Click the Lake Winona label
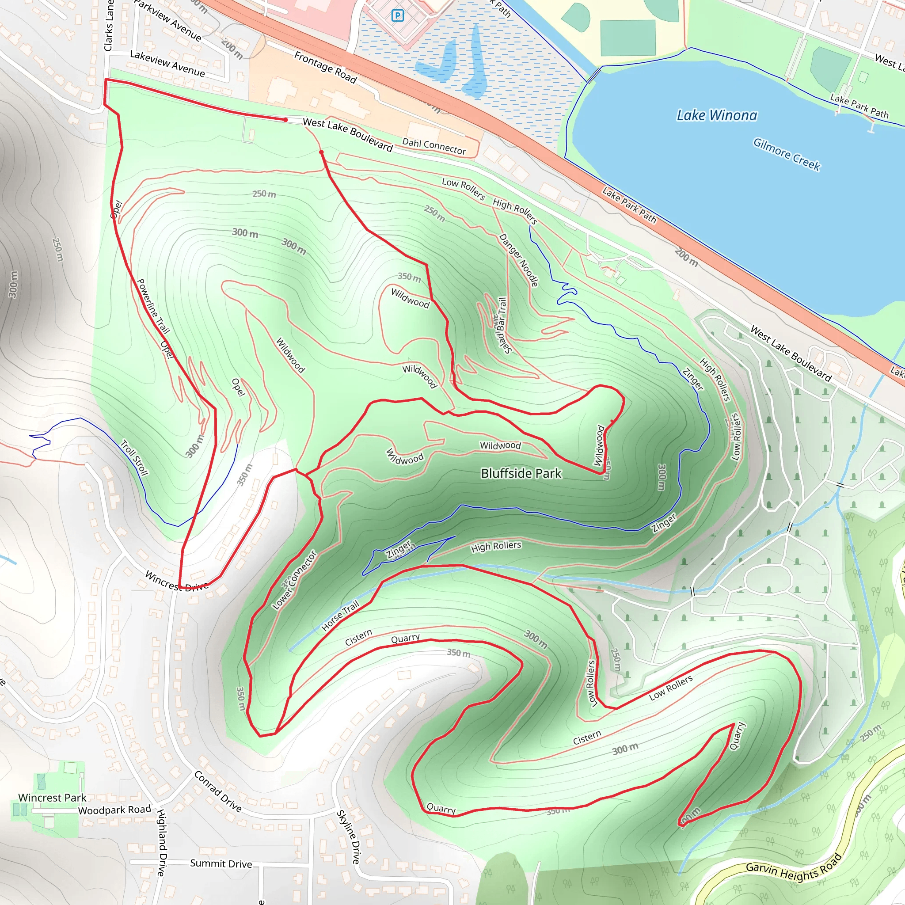[x=717, y=115]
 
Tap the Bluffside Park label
[x=521, y=474]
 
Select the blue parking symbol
[x=397, y=16]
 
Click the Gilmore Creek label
[x=787, y=155]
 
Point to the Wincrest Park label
[x=52, y=798]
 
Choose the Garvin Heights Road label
[x=794, y=867]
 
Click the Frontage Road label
[x=326, y=67]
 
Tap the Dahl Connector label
[x=434, y=147]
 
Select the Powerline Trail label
[x=153, y=306]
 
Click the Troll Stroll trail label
[x=134, y=458]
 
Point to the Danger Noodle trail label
[x=518, y=260]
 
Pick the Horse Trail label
[x=340, y=616]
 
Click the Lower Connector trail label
[x=295, y=580]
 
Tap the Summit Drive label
[x=221, y=863]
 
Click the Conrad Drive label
[x=218, y=791]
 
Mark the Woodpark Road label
[x=114, y=810]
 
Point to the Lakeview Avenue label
[x=167, y=64]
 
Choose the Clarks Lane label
[x=108, y=26]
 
